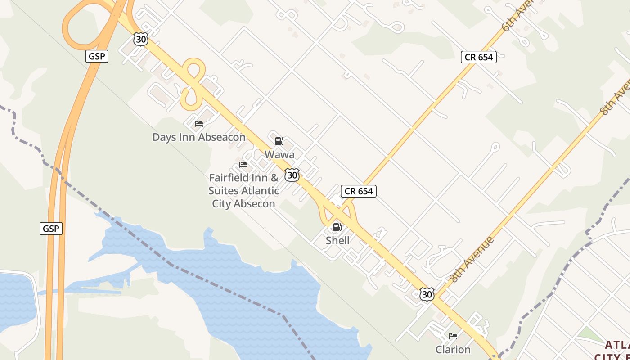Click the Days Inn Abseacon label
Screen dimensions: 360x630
pos(199,137)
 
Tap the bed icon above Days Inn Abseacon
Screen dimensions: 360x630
pos(199,124)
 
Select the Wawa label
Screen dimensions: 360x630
pos(279,155)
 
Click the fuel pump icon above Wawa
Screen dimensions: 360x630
pos(279,141)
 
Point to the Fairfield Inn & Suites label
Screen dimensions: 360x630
pos(243,191)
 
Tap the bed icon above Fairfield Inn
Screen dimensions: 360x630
pos(243,165)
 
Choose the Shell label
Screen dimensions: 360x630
pos(337,240)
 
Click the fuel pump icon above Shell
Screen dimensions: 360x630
pos(337,227)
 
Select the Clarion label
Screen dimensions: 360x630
pos(453,350)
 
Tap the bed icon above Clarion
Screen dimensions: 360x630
pos(453,336)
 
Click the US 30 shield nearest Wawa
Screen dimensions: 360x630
pos(292,175)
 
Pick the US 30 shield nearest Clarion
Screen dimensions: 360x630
pos(427,294)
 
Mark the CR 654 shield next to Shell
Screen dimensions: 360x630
pos(358,191)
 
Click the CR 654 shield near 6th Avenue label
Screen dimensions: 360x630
pos(478,57)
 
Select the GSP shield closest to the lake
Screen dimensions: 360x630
pos(51,229)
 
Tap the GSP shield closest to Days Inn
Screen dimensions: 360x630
pos(97,56)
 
